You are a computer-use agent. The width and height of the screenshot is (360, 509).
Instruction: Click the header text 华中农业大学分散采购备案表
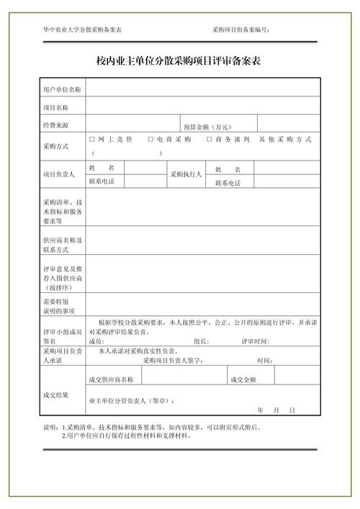click(82, 30)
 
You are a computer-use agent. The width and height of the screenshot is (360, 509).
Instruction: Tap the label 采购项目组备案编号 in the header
click(240, 30)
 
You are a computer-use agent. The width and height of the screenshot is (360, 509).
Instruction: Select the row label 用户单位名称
click(62, 90)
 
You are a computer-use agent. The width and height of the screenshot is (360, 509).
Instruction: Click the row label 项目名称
click(55, 107)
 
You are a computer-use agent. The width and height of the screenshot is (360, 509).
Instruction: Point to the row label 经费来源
click(55, 125)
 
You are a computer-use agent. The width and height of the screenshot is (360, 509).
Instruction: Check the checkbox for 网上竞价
click(91, 139)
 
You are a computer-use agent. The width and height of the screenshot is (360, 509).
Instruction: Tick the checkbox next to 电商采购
click(150, 139)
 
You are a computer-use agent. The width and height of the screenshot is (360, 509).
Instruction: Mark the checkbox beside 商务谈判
click(210, 139)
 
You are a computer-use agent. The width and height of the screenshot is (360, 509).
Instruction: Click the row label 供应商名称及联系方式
click(63, 245)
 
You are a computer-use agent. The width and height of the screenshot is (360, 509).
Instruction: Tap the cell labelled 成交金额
click(243, 379)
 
